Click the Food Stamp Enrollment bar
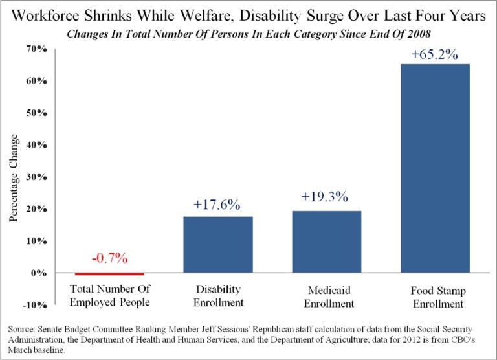434,168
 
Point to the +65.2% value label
434,55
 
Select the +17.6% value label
217,205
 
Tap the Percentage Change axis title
13,176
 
